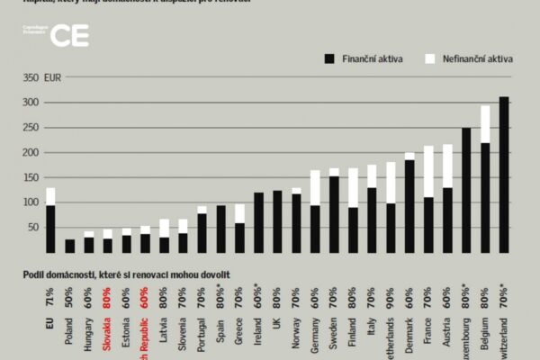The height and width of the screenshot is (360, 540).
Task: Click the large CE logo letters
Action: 69,35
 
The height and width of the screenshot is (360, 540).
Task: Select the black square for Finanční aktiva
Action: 328,58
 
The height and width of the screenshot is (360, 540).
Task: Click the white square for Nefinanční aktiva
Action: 429,58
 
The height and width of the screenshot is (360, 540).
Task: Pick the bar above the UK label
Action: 278,221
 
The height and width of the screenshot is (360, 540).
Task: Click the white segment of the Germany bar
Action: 316,188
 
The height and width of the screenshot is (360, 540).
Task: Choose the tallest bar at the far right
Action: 504,175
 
